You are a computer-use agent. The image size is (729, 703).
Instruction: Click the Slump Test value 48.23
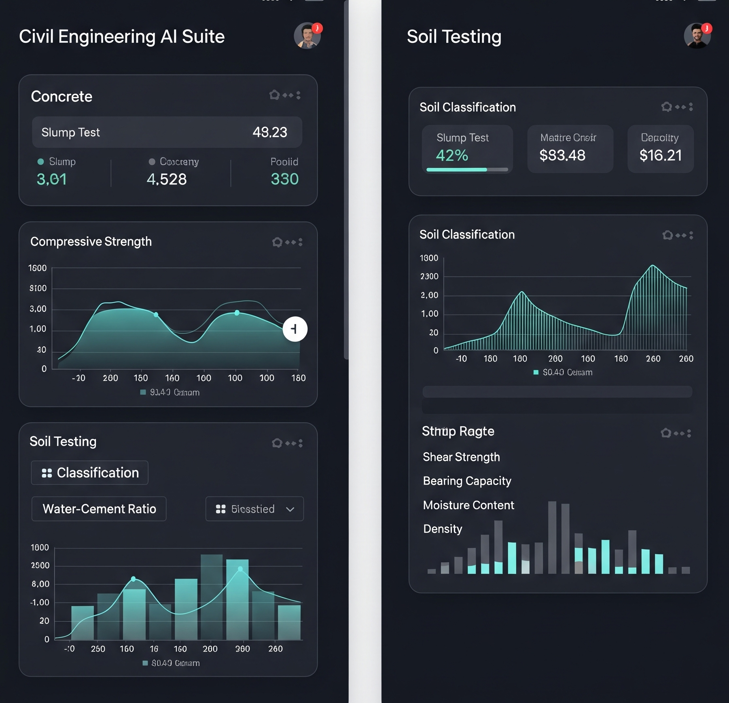coord(269,132)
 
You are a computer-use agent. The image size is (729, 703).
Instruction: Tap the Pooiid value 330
coord(284,179)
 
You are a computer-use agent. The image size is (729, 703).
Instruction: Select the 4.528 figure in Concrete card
coord(166,179)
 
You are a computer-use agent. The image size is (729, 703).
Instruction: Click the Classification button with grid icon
coord(90,472)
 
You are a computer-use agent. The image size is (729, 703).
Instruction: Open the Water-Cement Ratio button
coord(99,509)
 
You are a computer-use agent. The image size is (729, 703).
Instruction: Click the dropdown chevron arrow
coord(290,509)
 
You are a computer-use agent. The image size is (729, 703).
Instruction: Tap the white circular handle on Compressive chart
coord(295,329)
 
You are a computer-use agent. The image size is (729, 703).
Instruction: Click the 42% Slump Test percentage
coord(452,155)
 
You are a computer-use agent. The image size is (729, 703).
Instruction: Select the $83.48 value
coord(562,155)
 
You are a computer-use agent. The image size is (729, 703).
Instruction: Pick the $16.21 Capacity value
coord(660,155)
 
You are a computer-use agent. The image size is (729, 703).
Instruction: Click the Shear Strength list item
coord(461,457)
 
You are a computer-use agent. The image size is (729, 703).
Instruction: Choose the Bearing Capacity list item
coord(467,481)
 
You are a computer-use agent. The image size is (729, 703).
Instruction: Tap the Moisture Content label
coord(468,505)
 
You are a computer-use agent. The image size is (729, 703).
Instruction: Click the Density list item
coord(443,529)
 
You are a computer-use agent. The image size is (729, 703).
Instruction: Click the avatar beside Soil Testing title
coord(697,36)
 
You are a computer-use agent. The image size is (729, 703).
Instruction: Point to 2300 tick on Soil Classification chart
coord(429,277)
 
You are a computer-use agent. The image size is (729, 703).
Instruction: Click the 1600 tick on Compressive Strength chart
coord(37,268)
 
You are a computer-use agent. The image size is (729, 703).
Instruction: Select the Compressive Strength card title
coord(91,241)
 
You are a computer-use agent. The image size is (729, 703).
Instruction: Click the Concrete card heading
coord(61,97)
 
